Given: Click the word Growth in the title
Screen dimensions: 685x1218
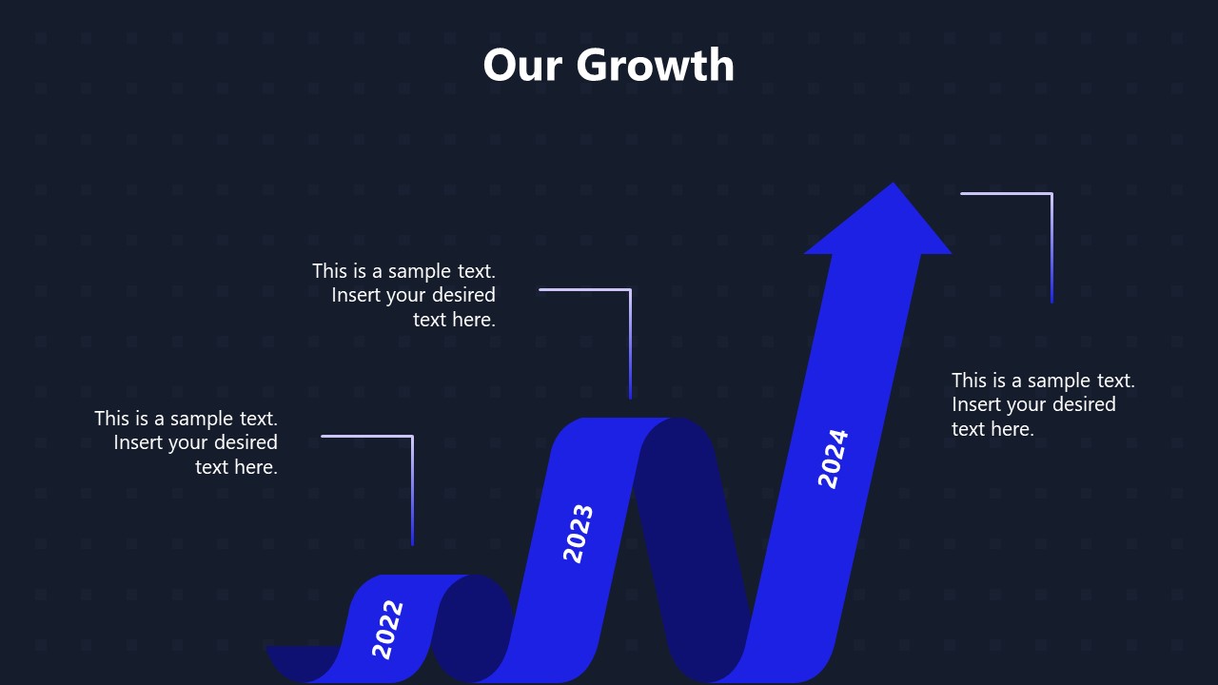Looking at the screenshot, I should (656, 67).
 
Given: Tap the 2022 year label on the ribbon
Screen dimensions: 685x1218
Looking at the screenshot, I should (388, 629).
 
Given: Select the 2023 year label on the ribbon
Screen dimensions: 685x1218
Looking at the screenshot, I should (579, 533).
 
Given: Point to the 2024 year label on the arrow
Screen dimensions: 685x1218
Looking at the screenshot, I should (834, 459).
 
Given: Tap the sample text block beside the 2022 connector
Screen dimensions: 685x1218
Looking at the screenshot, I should (187, 442).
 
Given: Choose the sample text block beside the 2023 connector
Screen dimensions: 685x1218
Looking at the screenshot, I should (405, 295).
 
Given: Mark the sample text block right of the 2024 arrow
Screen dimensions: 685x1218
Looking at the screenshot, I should (1042, 404).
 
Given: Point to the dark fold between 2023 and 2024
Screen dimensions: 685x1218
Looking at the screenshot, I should (695, 552).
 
